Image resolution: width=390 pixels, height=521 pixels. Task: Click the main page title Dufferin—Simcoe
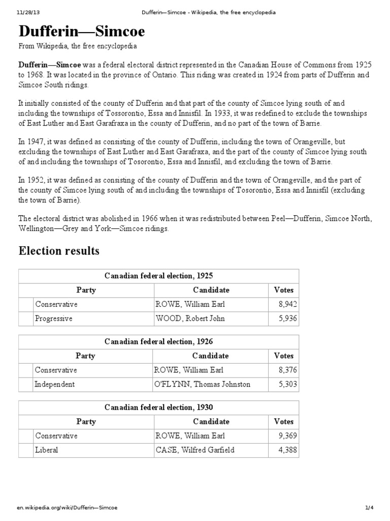pyautogui.click(x=82, y=32)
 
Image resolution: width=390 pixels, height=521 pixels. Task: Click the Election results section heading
pyautogui.click(x=59, y=251)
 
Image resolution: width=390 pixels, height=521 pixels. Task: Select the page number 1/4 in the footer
pyautogui.click(x=369, y=508)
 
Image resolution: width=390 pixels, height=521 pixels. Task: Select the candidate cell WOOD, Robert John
pyautogui.click(x=190, y=319)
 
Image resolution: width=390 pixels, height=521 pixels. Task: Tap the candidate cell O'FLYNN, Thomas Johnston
pyautogui.click(x=202, y=384)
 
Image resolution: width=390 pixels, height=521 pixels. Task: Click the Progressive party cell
pyautogui.click(x=54, y=319)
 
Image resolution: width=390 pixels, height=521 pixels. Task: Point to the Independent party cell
pyautogui.click(x=55, y=384)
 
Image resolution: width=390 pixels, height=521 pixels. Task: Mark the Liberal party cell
pyautogui.click(x=46, y=450)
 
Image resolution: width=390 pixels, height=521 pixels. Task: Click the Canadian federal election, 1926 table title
pyautogui.click(x=159, y=341)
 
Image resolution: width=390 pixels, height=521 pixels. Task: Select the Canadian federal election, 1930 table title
pyautogui.click(x=159, y=407)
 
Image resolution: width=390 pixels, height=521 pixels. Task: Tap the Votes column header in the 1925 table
pyautogui.click(x=283, y=290)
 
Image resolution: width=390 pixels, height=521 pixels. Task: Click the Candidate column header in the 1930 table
pyautogui.click(x=211, y=421)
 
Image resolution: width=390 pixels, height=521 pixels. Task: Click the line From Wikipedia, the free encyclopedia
pyautogui.click(x=78, y=47)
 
